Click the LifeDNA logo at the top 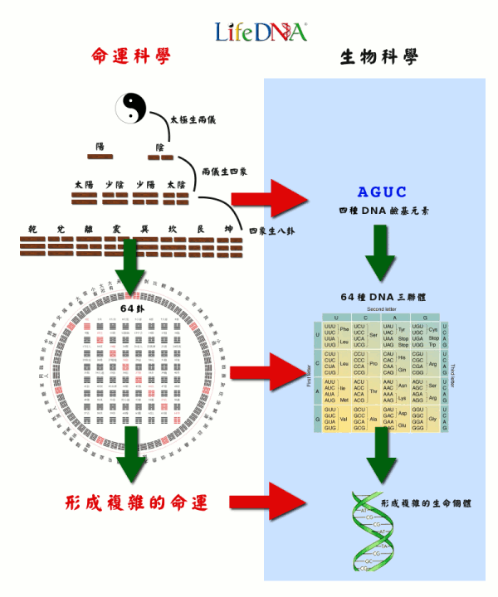point(261,32)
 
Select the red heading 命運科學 point(131,56)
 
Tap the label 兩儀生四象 point(227,172)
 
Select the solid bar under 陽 point(100,156)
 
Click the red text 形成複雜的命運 point(136,502)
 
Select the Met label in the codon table point(344,400)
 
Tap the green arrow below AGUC point(379,250)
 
